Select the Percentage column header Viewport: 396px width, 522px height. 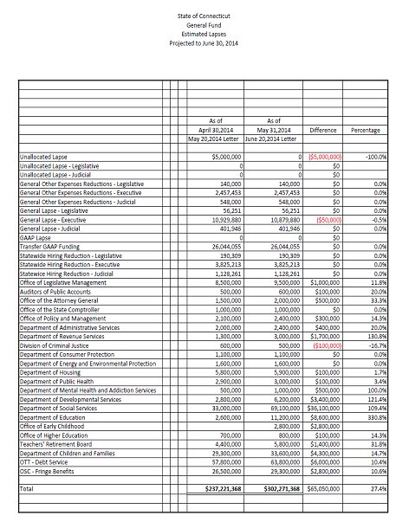point(365,129)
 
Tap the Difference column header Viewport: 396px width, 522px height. point(323,129)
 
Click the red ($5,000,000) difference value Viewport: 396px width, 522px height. point(325,157)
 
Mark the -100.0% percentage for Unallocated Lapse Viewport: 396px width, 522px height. point(373,157)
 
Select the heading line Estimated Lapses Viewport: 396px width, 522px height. point(199,35)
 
